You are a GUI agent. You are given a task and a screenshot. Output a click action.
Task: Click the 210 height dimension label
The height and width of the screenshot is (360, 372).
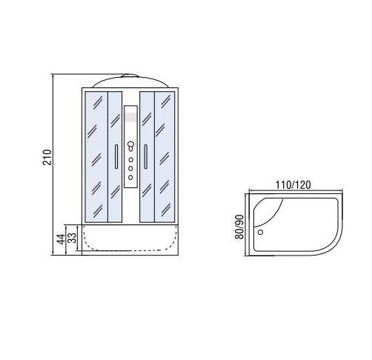(x=47, y=157)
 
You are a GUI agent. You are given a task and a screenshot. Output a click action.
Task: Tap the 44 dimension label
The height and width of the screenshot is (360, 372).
(x=61, y=239)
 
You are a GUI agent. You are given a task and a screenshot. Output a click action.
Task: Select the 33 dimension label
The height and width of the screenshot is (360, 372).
(x=72, y=238)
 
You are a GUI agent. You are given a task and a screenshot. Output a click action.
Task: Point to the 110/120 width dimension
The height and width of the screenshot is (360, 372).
(x=293, y=185)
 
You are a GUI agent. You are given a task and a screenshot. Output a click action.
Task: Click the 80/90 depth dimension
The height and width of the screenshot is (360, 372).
(x=239, y=227)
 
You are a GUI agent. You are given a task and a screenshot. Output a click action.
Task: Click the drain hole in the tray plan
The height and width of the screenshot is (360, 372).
(x=260, y=232)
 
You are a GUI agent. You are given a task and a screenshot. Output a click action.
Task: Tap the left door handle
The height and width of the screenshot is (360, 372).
(x=116, y=156)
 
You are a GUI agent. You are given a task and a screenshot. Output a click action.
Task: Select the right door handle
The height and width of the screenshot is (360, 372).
(x=146, y=156)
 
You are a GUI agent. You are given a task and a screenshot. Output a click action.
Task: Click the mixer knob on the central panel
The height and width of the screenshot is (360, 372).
(x=130, y=145)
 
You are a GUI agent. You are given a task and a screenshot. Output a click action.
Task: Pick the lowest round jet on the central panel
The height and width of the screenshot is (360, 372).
(x=130, y=177)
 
